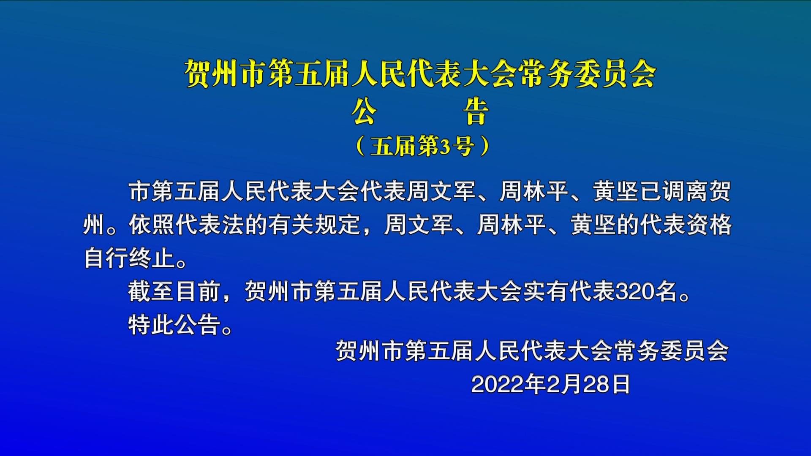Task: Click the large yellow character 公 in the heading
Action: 364,112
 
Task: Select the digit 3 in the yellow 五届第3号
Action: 444,147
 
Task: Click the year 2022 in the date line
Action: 495,385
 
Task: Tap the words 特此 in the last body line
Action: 152,325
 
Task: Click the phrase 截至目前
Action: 174,291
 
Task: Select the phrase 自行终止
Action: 130,258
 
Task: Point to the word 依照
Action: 152,224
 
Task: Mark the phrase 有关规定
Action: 313,224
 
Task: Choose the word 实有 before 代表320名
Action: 546,291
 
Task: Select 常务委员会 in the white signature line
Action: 672,350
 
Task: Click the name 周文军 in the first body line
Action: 441,191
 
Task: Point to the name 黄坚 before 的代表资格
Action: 593,224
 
